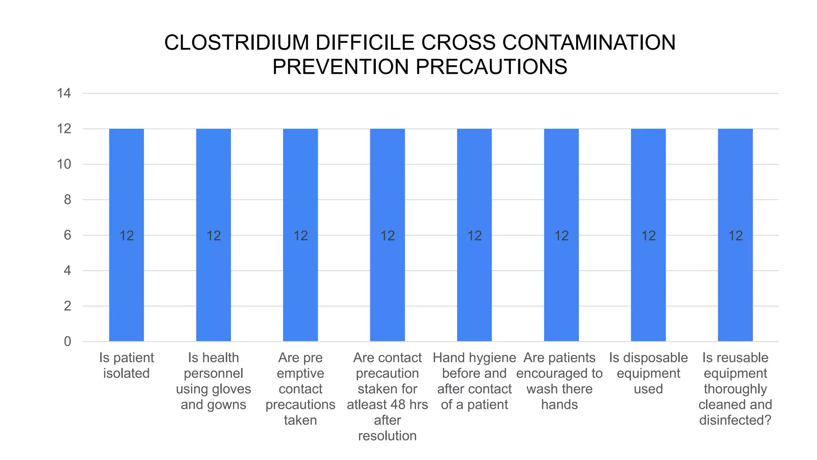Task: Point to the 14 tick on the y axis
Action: [64, 93]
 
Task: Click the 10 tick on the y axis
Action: [64, 164]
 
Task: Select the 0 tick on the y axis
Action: [67, 341]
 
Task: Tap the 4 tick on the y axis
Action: [67, 271]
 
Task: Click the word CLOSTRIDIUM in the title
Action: [237, 43]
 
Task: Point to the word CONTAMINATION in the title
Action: [589, 43]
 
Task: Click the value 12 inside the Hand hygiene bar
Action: [474, 236]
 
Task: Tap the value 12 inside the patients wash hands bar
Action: [561, 236]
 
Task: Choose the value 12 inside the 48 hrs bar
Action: [387, 236]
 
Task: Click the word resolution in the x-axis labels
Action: [387, 436]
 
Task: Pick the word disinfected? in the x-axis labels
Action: [735, 420]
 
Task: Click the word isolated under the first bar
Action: [126, 373]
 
